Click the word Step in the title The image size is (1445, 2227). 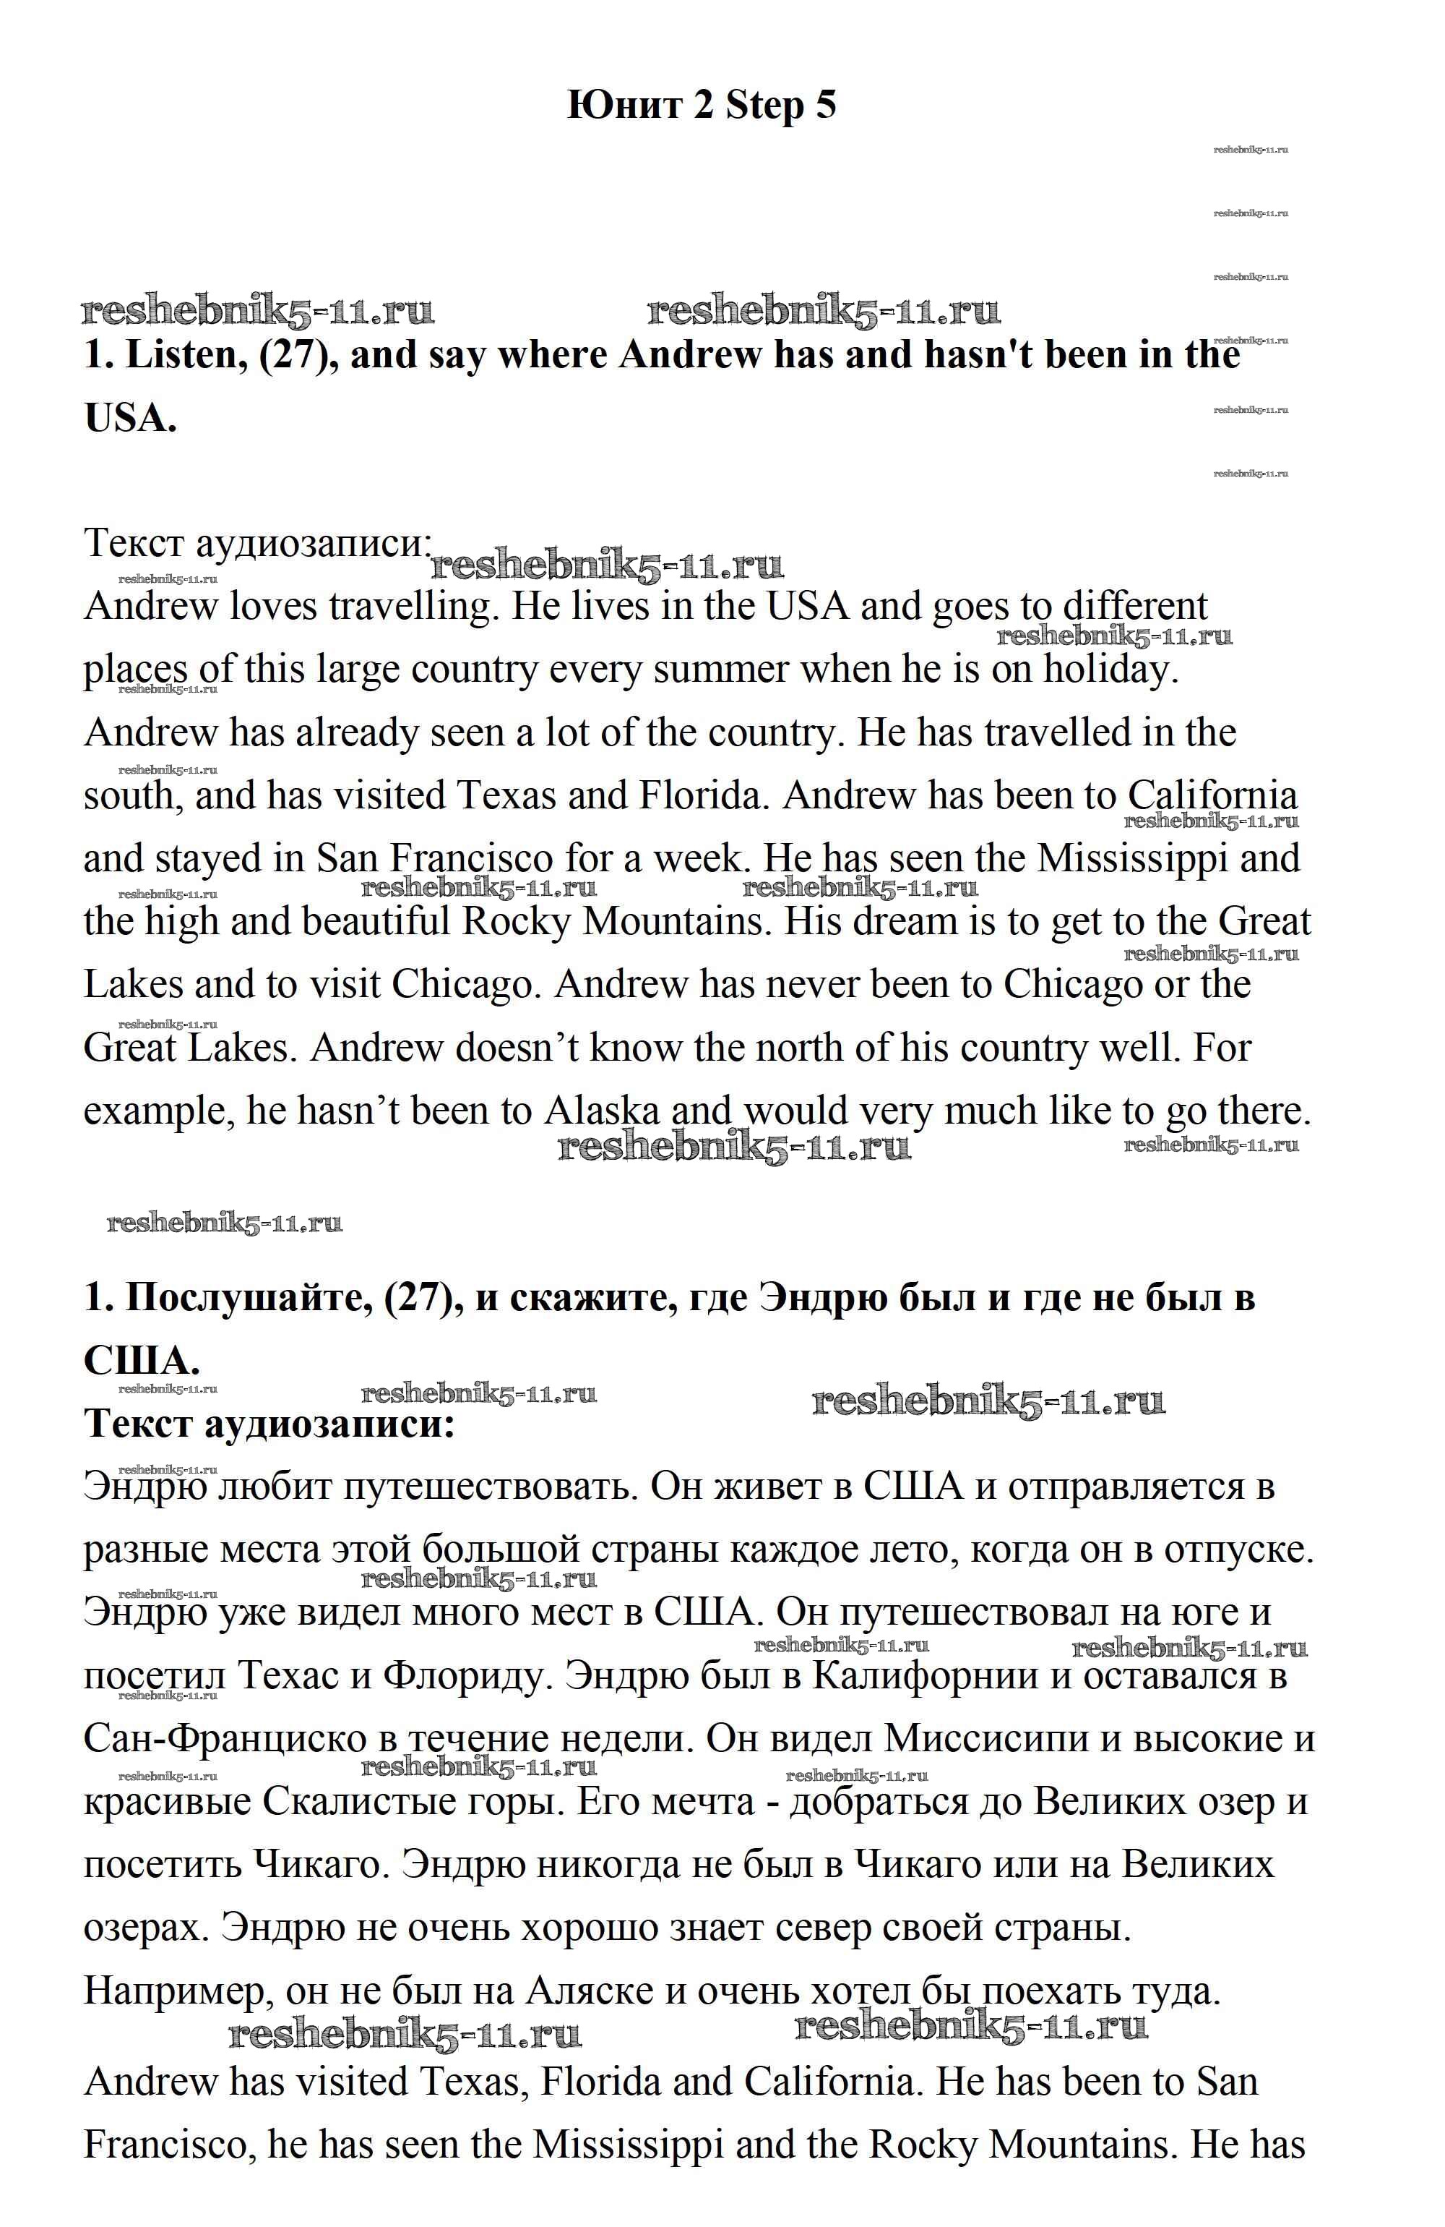[x=764, y=106]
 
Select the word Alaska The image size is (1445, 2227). [x=603, y=1111]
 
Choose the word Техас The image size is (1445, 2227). [x=286, y=1676]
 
